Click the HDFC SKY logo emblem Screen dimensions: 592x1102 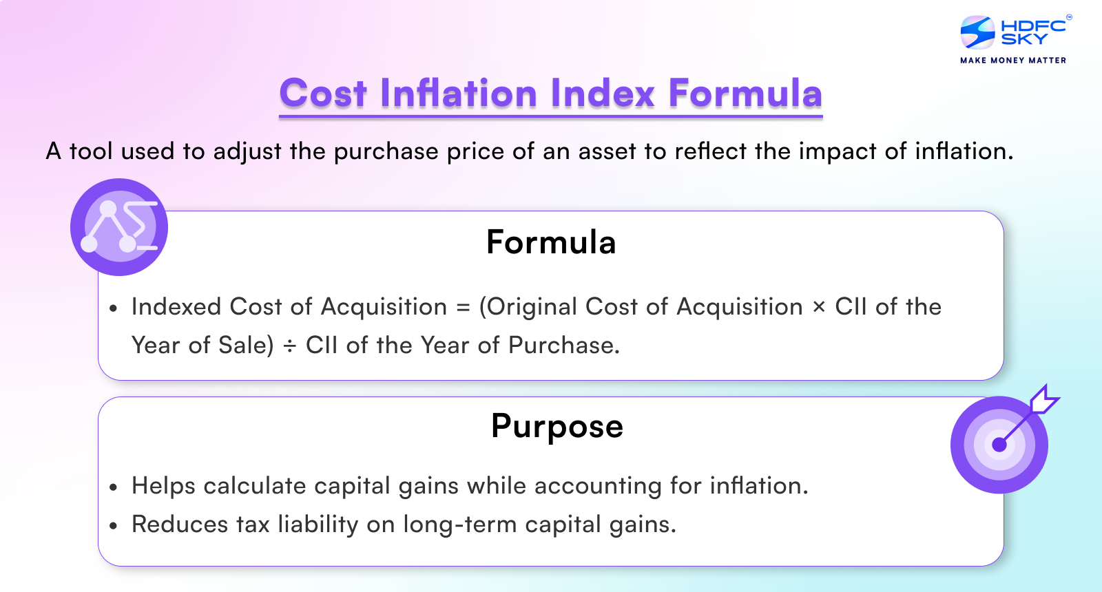(977, 32)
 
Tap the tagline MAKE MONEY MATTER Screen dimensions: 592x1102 (1013, 61)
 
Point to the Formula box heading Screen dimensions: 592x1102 (551, 242)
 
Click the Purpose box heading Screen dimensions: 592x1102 (557, 426)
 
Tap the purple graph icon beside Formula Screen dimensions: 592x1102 (119, 227)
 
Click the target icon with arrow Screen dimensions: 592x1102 (1000, 444)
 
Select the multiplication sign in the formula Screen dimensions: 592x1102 (818, 307)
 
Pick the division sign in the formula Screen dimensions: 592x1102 (289, 346)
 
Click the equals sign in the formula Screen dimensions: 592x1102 (463, 307)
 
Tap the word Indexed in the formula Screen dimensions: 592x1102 (176, 307)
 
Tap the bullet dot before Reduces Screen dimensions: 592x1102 (114, 526)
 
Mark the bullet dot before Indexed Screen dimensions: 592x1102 (114, 308)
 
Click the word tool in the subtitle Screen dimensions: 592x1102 (91, 151)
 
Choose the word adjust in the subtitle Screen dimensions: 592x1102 (247, 151)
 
